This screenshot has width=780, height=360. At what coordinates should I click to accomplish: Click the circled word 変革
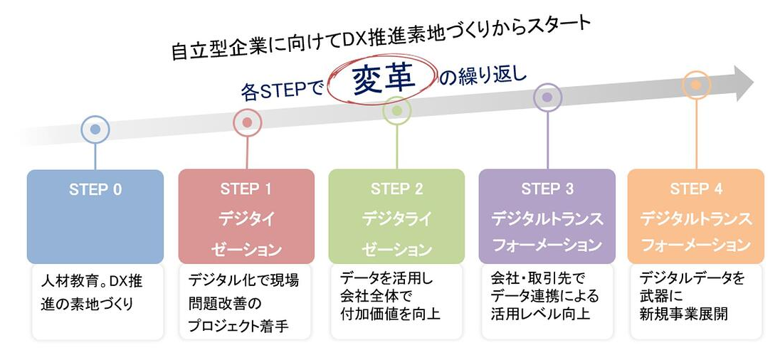coord(384,80)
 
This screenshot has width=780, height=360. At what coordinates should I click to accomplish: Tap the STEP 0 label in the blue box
coord(95,190)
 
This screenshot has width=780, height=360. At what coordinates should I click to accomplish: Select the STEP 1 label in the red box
coord(246,189)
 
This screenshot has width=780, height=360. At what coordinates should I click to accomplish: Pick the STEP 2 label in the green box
coord(396,189)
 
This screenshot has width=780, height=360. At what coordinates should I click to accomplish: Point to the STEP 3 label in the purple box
coord(547,189)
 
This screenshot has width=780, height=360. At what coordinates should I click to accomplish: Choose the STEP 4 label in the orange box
coord(696,189)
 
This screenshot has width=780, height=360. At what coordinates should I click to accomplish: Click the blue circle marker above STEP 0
coord(95,129)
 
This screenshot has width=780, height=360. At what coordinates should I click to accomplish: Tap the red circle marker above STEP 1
coord(247,122)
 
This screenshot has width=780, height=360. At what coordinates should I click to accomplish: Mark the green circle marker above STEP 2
coord(397,111)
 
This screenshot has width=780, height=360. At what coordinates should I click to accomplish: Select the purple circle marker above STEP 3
coord(547,97)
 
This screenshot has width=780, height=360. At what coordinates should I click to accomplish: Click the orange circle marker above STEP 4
coord(696,85)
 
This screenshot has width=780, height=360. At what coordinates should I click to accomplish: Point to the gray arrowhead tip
coord(754,83)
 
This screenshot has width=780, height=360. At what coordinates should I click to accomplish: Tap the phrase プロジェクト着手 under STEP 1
coord(239,326)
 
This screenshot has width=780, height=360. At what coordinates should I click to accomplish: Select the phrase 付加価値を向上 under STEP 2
coord(390,314)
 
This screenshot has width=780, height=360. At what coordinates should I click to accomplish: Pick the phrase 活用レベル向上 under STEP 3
coord(540,314)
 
